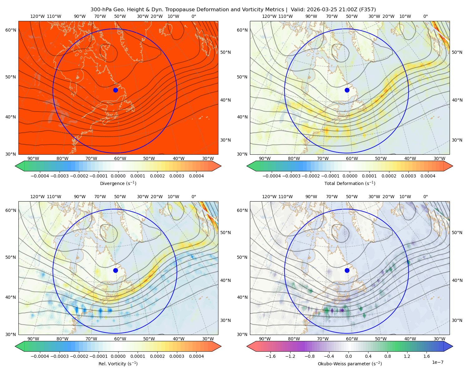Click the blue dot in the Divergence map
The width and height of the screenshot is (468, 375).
(x=115, y=90)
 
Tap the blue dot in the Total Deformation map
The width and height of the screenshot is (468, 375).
(x=347, y=90)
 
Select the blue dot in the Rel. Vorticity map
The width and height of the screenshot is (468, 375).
(x=115, y=270)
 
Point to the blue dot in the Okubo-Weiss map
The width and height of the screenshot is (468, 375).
(x=347, y=270)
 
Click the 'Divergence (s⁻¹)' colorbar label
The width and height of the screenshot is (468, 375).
(x=118, y=183)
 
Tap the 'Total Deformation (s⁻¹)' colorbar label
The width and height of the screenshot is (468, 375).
(x=350, y=183)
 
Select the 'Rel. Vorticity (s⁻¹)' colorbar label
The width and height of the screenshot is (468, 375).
(x=118, y=363)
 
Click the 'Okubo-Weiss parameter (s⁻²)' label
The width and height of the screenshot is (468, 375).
(x=350, y=363)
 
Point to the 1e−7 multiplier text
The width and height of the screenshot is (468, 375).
(x=437, y=362)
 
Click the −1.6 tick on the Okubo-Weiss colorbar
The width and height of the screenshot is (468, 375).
(x=271, y=356)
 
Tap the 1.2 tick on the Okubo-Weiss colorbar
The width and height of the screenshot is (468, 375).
(x=407, y=356)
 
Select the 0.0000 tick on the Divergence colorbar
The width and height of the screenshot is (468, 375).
(x=118, y=176)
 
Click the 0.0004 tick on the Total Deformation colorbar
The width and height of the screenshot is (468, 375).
(x=428, y=176)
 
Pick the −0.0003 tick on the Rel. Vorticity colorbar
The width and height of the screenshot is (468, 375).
(x=59, y=356)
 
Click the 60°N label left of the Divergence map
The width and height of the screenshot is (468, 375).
(x=11, y=30)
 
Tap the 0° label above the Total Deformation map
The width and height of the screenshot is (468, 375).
(x=425, y=16)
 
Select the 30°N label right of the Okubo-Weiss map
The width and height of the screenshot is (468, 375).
(x=457, y=320)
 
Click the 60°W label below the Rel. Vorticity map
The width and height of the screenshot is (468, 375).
(x=120, y=339)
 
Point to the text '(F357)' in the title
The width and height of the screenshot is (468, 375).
(x=368, y=10)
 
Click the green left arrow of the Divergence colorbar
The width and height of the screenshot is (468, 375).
(x=20, y=166)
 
